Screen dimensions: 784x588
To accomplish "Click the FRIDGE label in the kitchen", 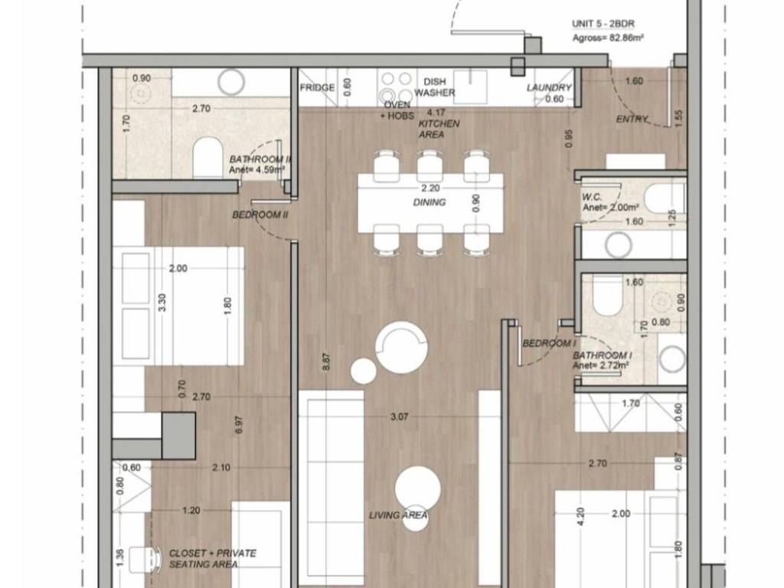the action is pos(317,88).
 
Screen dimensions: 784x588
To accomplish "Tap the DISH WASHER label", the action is pos(435,87).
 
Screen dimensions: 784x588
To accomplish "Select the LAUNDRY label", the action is pos(548,87).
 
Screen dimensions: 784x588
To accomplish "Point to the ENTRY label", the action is pos(632,119).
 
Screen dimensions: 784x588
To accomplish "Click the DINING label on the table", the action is pos(429,202).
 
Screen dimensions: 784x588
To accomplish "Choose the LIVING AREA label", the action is pos(398,515).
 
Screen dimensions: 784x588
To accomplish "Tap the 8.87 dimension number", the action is pos(326,361).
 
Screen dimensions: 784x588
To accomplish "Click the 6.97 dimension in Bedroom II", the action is pos(239,424).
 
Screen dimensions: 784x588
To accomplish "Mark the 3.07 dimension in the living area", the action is pos(399,416).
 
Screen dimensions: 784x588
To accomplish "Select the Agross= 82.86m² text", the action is pos(607,38).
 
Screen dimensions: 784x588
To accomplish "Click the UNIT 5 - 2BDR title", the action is pos(603,24).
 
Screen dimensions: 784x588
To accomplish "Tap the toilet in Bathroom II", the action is pos(208,158).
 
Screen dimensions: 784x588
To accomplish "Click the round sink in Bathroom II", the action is pos(231,81).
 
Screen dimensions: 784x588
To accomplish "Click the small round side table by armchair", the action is pos(364,371).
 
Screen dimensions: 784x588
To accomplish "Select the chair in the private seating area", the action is pos(145,560).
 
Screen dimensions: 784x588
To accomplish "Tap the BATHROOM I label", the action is pos(602,355).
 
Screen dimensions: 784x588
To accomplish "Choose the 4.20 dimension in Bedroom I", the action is pos(580,516).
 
